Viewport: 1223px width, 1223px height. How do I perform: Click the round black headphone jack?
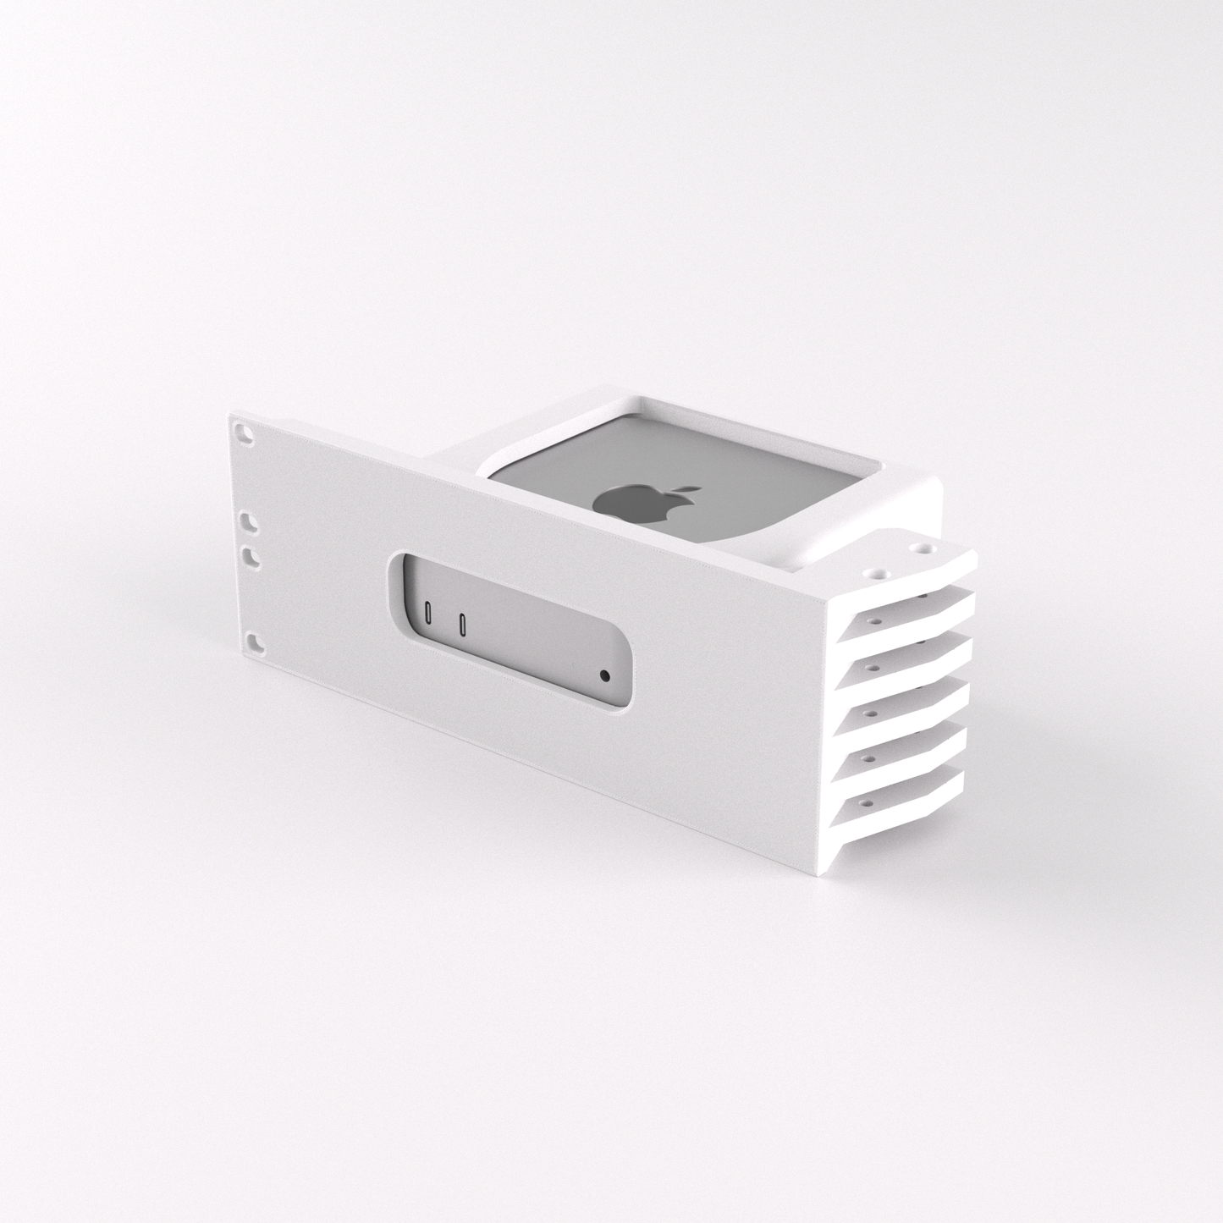pos(603,676)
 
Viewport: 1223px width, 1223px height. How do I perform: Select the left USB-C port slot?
pos(429,613)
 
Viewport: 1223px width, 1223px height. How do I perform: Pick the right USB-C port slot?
pos(462,625)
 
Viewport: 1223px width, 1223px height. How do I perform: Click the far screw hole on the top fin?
pos(915,548)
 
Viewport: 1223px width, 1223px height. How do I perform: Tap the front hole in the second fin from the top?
pos(871,620)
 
